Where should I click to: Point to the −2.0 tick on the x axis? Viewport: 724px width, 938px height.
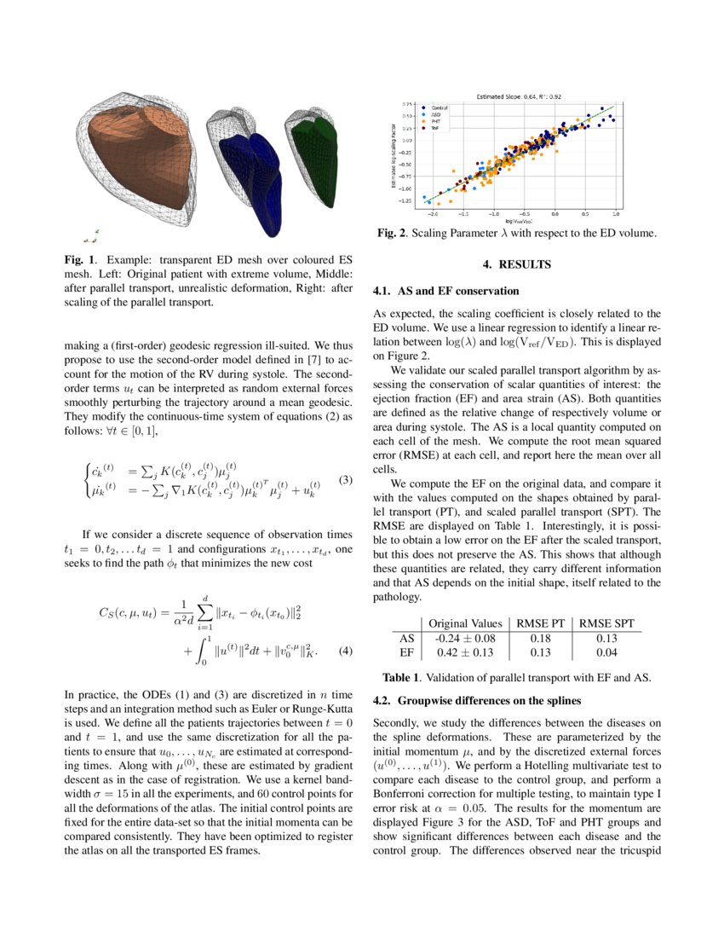point(434,216)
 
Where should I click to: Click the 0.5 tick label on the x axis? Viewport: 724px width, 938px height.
point(586,216)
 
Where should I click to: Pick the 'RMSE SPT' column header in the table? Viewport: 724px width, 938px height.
point(606,623)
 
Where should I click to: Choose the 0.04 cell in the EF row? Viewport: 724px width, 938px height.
point(606,652)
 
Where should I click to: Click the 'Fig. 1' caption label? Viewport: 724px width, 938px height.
point(78,258)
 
